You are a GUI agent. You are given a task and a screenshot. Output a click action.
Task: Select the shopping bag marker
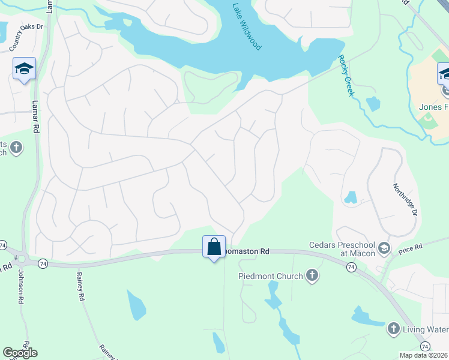(x=214, y=247)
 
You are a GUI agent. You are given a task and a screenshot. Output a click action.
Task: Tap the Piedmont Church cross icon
(x=312, y=275)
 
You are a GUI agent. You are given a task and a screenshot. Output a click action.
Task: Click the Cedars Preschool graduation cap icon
(x=384, y=248)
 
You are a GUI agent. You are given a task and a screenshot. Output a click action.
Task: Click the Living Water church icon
(x=393, y=328)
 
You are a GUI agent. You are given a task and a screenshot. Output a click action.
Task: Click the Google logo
(x=20, y=353)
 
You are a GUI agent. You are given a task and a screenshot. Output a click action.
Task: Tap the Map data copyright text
(x=423, y=355)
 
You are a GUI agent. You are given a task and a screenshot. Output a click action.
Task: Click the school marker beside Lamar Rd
(x=24, y=69)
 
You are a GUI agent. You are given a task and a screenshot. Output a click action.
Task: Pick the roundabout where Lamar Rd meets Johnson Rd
(x=22, y=260)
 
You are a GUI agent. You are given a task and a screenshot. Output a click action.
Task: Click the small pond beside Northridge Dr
(x=351, y=197)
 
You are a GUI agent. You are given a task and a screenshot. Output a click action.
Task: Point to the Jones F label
(x=429, y=107)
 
